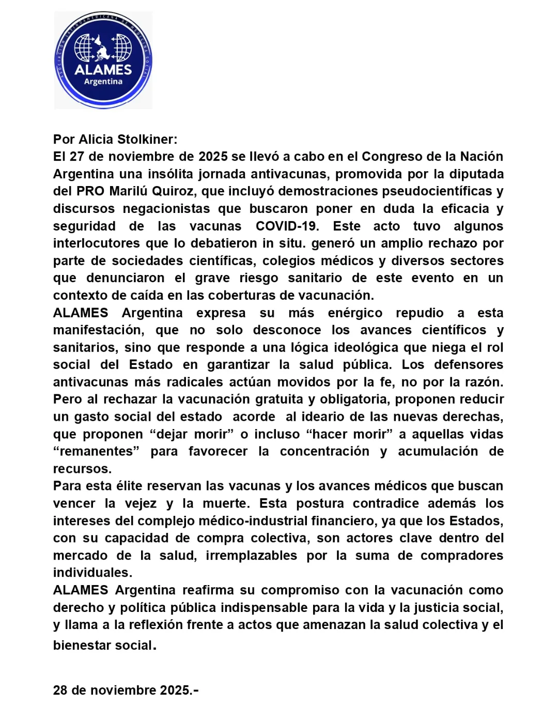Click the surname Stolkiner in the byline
(x=147, y=140)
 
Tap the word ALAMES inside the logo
(x=103, y=70)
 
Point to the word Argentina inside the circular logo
(x=103, y=82)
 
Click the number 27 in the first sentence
(x=77, y=157)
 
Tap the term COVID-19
(x=287, y=226)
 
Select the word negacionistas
(x=166, y=209)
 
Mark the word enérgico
(x=355, y=313)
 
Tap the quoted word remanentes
(x=97, y=452)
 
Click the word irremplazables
(x=251, y=556)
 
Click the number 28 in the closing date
(x=60, y=691)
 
